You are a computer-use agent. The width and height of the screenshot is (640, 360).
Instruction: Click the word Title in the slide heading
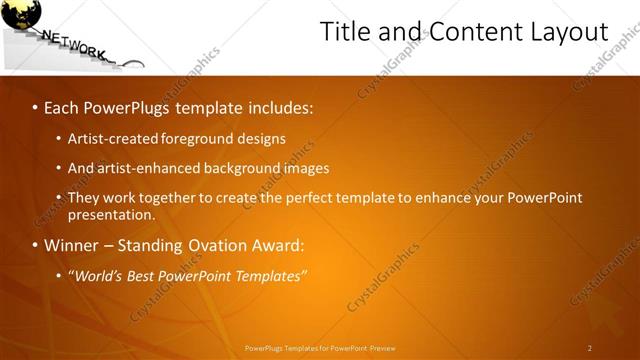pyautogui.click(x=343, y=32)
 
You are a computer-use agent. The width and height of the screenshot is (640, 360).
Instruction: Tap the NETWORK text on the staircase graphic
pyautogui.click(x=75, y=45)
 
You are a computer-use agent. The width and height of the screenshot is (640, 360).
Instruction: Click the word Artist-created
pyautogui.click(x=110, y=138)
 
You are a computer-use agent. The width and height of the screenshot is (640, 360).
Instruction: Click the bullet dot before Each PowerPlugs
pyautogui.click(x=35, y=107)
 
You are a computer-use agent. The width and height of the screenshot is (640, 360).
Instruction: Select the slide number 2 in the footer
pyautogui.click(x=590, y=348)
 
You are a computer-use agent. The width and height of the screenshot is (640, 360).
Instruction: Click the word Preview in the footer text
pyautogui.click(x=383, y=348)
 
